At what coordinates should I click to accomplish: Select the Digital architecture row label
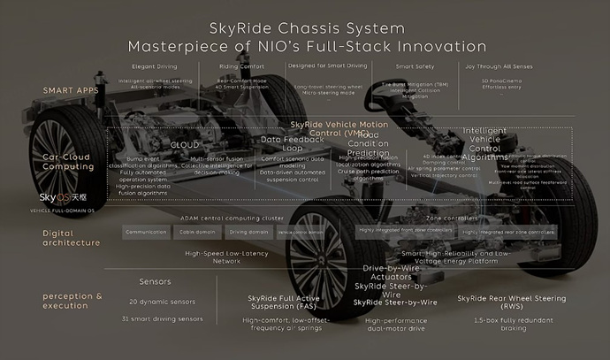point(70,236)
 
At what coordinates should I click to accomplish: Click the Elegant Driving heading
point(155,66)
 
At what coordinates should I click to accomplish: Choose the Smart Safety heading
point(414,66)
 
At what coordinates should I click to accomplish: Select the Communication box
point(146,232)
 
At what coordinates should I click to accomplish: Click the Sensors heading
point(155,282)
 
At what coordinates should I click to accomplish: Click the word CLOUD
point(183,143)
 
